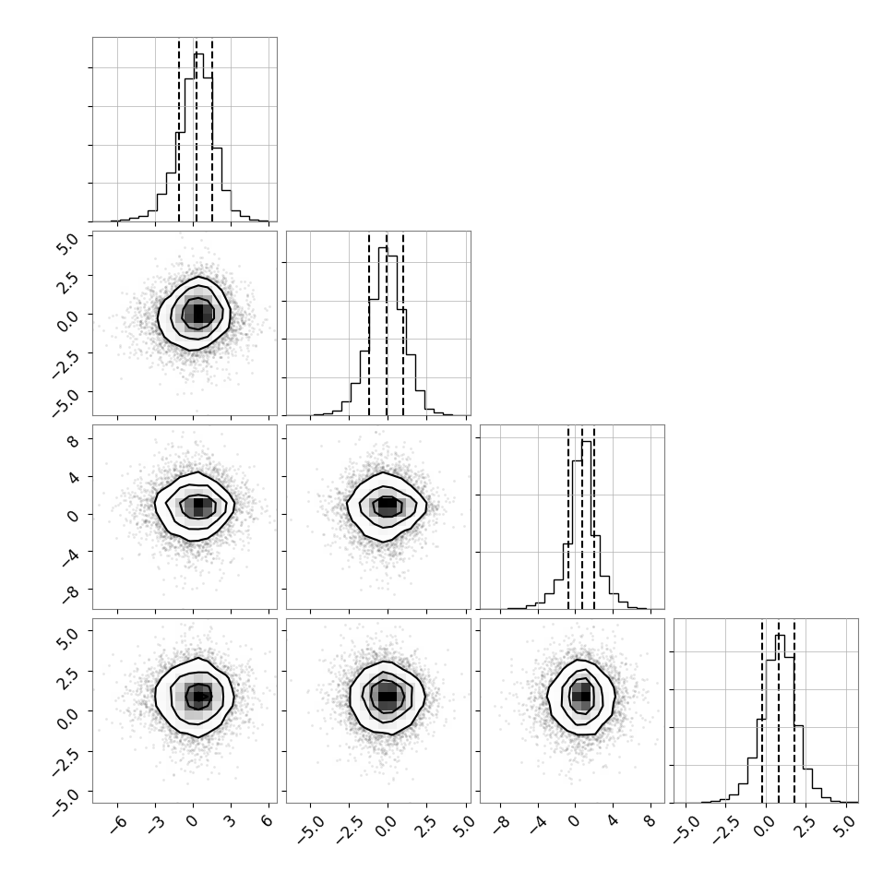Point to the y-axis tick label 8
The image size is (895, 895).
[74, 441]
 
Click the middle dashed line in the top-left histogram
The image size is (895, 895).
[197, 130]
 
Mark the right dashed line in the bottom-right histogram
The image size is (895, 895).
[794, 711]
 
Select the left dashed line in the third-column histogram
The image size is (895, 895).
[568, 518]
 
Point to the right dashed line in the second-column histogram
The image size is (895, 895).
[403, 324]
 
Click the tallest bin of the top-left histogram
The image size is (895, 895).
[198, 137]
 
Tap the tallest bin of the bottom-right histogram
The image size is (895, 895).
[781, 719]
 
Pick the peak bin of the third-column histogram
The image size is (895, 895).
[586, 525]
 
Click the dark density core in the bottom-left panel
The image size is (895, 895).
[198, 696]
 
